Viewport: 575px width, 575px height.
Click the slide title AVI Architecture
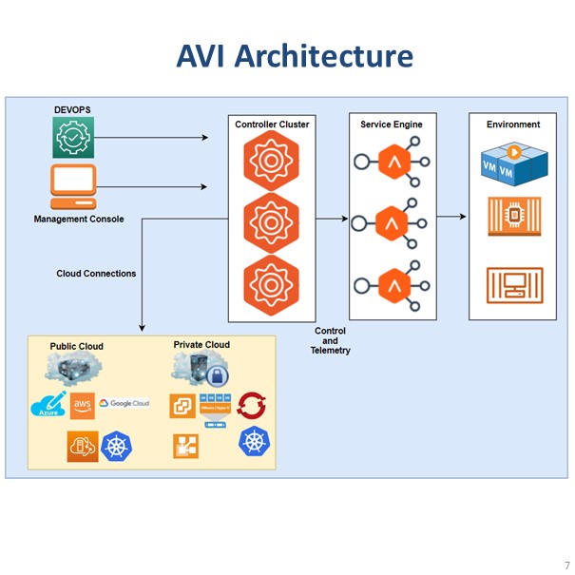tap(295, 55)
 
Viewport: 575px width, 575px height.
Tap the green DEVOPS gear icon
tap(73, 139)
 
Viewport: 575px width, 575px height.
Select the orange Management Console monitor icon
tap(73, 186)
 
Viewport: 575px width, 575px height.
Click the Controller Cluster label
tap(272, 125)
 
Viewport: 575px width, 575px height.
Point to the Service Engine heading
tap(391, 125)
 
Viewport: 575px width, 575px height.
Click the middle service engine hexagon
tap(392, 223)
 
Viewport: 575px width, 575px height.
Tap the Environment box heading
tap(513, 125)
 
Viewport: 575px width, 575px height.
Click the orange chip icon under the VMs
tap(513, 217)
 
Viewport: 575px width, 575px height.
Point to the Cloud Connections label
tap(96, 274)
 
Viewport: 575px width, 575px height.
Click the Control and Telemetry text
tap(331, 341)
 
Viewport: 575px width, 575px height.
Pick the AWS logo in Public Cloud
tap(82, 404)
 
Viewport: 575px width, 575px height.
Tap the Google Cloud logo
tap(125, 404)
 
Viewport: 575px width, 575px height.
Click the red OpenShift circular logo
tap(253, 405)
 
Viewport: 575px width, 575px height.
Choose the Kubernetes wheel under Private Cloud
tap(254, 441)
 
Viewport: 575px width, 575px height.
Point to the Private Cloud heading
tap(201, 345)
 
